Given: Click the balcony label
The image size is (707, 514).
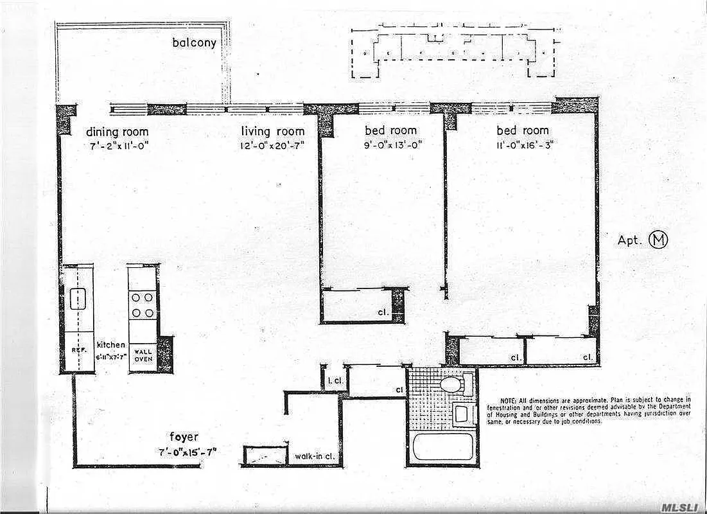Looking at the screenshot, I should coord(193,44).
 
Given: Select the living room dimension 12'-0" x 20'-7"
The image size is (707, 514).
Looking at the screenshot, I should coord(272,145).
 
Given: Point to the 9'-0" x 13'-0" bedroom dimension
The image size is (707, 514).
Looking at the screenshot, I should coord(390,145).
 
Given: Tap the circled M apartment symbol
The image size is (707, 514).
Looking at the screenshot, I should coord(659,240).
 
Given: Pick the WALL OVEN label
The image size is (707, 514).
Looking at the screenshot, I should coord(143,355).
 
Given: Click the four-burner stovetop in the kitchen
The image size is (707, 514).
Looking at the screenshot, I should coord(143,305).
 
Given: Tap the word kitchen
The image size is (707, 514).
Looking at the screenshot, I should coord(110,345).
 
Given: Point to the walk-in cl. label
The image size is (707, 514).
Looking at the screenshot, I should coord(313,457).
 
